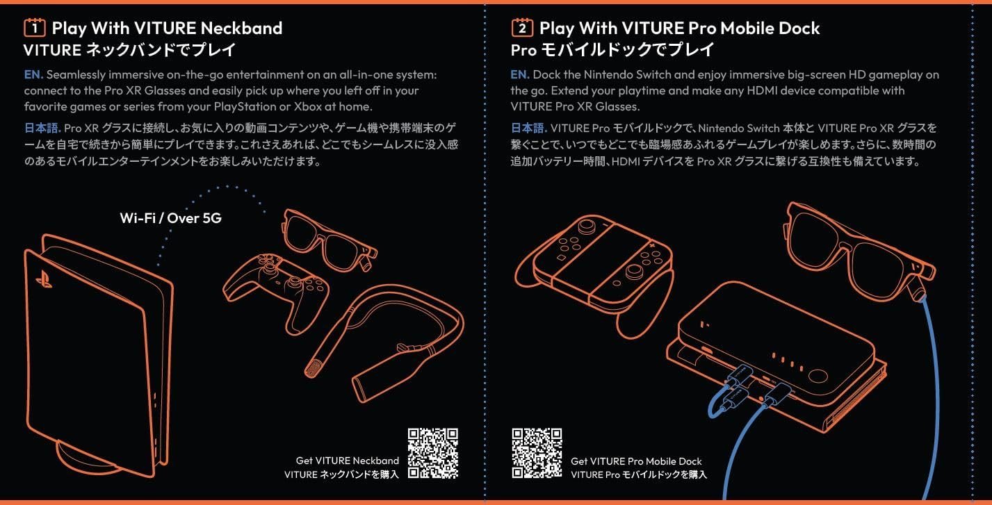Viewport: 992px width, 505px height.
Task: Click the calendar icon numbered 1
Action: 35,28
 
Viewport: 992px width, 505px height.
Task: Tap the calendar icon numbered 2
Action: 522,28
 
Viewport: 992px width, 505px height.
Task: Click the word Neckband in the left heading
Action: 241,28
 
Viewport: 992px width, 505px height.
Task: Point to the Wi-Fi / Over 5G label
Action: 170,217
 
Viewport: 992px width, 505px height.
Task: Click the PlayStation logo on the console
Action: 44,279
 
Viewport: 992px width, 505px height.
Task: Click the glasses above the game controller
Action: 329,240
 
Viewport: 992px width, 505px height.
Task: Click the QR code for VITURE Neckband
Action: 432,453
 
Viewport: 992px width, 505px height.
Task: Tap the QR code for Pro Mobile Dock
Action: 537,453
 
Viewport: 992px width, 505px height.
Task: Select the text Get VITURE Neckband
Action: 347,461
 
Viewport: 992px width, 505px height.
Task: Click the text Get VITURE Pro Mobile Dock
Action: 636,461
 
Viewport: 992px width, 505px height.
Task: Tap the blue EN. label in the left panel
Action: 33,74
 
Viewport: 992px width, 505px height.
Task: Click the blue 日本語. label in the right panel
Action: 529,129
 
